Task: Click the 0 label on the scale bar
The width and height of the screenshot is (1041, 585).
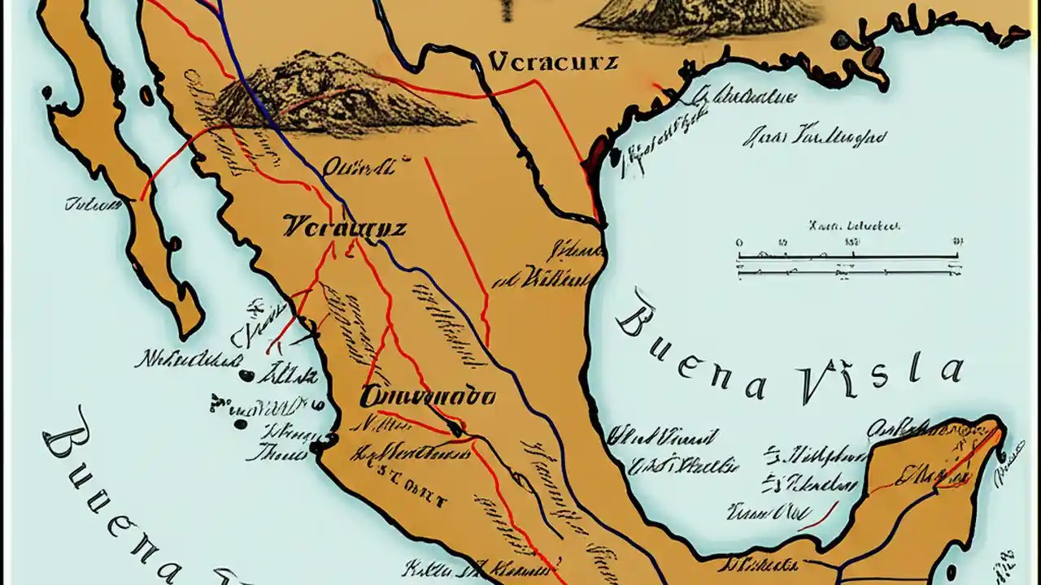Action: tap(738, 242)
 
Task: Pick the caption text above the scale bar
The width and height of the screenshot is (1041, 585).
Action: tap(854, 226)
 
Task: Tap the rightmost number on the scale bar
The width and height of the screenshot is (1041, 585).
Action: tap(958, 242)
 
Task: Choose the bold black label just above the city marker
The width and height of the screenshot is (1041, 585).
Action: tap(427, 396)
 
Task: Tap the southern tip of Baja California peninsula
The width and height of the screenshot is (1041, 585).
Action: tap(189, 329)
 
